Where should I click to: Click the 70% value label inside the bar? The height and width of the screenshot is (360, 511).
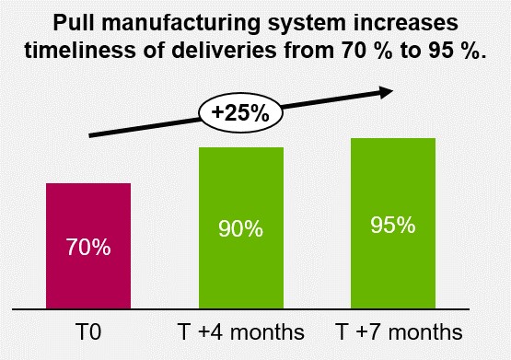click(x=88, y=248)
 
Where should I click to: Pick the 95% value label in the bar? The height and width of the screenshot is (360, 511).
click(x=392, y=225)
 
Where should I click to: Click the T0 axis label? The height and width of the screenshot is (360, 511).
click(x=88, y=330)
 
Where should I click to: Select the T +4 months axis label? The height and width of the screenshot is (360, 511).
click(x=240, y=330)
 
